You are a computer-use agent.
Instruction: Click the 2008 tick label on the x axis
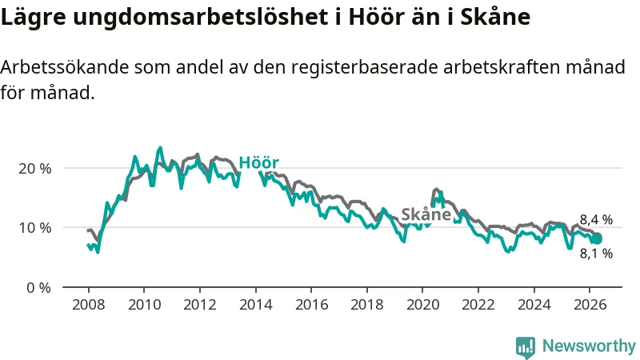pos(88,305)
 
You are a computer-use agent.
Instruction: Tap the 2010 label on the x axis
pos(144,305)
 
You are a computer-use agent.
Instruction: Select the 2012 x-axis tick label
pos(199,305)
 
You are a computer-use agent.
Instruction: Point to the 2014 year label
pos(255,305)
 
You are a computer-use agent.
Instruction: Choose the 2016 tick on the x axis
pos(311,305)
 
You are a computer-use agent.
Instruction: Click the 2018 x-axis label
pos(367,305)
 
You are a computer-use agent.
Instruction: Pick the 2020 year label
pos(422,305)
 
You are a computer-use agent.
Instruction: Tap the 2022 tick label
pos(478,305)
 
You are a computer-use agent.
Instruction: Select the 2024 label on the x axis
pos(534,305)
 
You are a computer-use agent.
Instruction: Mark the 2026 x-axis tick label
pos(590,305)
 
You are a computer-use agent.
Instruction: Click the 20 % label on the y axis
pos(34,169)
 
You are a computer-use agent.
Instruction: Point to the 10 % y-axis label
pos(34,228)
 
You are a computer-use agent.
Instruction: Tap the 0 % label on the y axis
pos(38,288)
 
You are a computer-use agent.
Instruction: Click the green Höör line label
pos(258,162)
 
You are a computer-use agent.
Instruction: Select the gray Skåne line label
pos(426,214)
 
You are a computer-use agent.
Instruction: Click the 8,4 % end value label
pos(596,219)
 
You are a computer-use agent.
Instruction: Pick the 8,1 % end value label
pos(596,254)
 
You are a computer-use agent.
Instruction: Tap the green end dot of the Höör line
pos(597,238)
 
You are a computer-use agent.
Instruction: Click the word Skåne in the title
pos(495,17)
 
